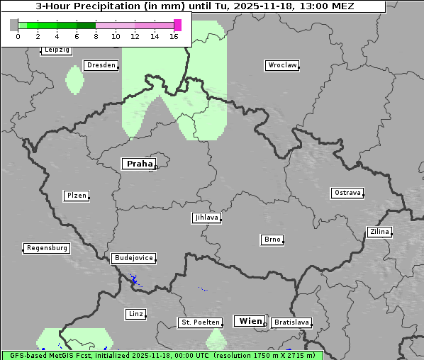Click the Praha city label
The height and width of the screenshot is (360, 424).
click(x=139, y=164)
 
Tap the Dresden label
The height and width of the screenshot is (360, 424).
click(x=101, y=65)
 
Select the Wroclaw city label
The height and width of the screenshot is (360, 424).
click(x=281, y=65)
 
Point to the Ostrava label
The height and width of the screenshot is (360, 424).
click(x=347, y=193)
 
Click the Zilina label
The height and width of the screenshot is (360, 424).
click(x=379, y=232)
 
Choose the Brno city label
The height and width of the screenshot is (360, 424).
click(x=272, y=240)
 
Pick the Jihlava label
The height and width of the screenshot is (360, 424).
click(x=206, y=218)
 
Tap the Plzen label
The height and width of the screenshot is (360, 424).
click(x=76, y=196)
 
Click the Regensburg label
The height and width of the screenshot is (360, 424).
click(x=47, y=248)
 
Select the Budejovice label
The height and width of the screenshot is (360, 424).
click(x=133, y=258)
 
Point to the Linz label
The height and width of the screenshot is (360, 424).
click(x=135, y=313)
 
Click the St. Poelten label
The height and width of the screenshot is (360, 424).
click(x=201, y=322)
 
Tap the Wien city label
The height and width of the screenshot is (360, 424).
click(x=250, y=321)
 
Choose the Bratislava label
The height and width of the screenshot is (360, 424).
click(x=291, y=322)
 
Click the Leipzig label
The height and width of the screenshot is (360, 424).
click(x=57, y=50)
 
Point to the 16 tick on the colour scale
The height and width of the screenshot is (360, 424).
click(x=174, y=36)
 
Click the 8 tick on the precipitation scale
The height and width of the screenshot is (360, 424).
click(x=96, y=36)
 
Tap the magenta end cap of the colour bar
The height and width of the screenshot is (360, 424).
click(x=177, y=25)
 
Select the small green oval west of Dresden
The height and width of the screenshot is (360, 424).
click(x=74, y=79)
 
